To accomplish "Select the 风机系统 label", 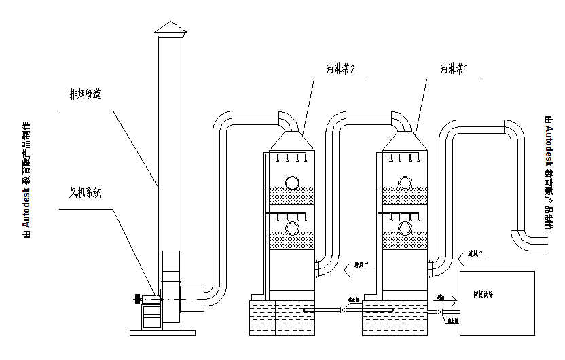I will click(x=85, y=194).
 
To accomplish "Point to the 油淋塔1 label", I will click(x=454, y=69).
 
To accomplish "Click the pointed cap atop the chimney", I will click(x=169, y=27).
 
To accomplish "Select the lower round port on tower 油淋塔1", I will click(x=405, y=227).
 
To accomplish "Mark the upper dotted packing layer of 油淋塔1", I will click(x=405, y=196).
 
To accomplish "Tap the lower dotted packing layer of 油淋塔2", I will click(x=293, y=240).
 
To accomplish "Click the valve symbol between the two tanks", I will click(x=344, y=311).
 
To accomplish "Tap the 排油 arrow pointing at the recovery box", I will click(x=441, y=297).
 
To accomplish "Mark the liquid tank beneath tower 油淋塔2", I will click(x=281, y=317).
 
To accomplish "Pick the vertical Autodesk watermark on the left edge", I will click(x=26, y=180).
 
